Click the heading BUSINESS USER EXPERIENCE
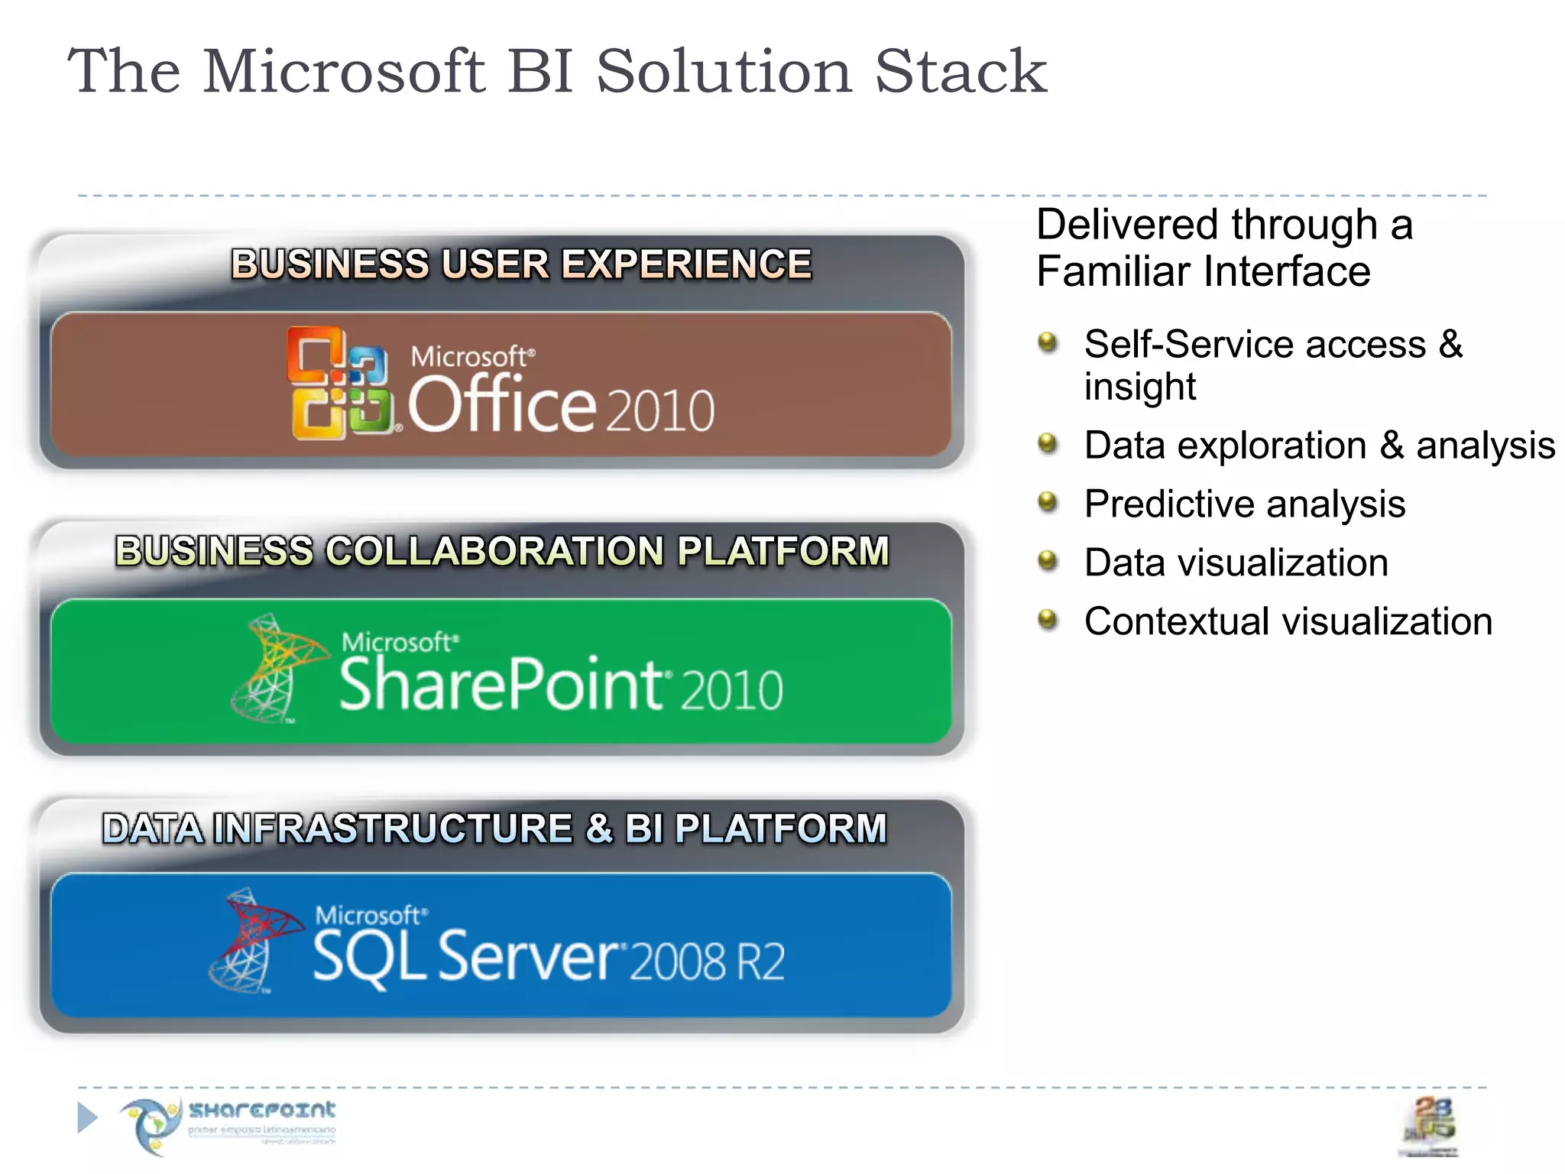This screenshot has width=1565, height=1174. [521, 264]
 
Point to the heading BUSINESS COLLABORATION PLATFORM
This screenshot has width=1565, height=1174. [502, 551]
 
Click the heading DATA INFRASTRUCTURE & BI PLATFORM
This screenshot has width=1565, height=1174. [494, 829]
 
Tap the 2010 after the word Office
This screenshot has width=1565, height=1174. [661, 411]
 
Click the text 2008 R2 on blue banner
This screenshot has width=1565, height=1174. [708, 962]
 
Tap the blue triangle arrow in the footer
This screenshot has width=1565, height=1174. [87, 1117]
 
